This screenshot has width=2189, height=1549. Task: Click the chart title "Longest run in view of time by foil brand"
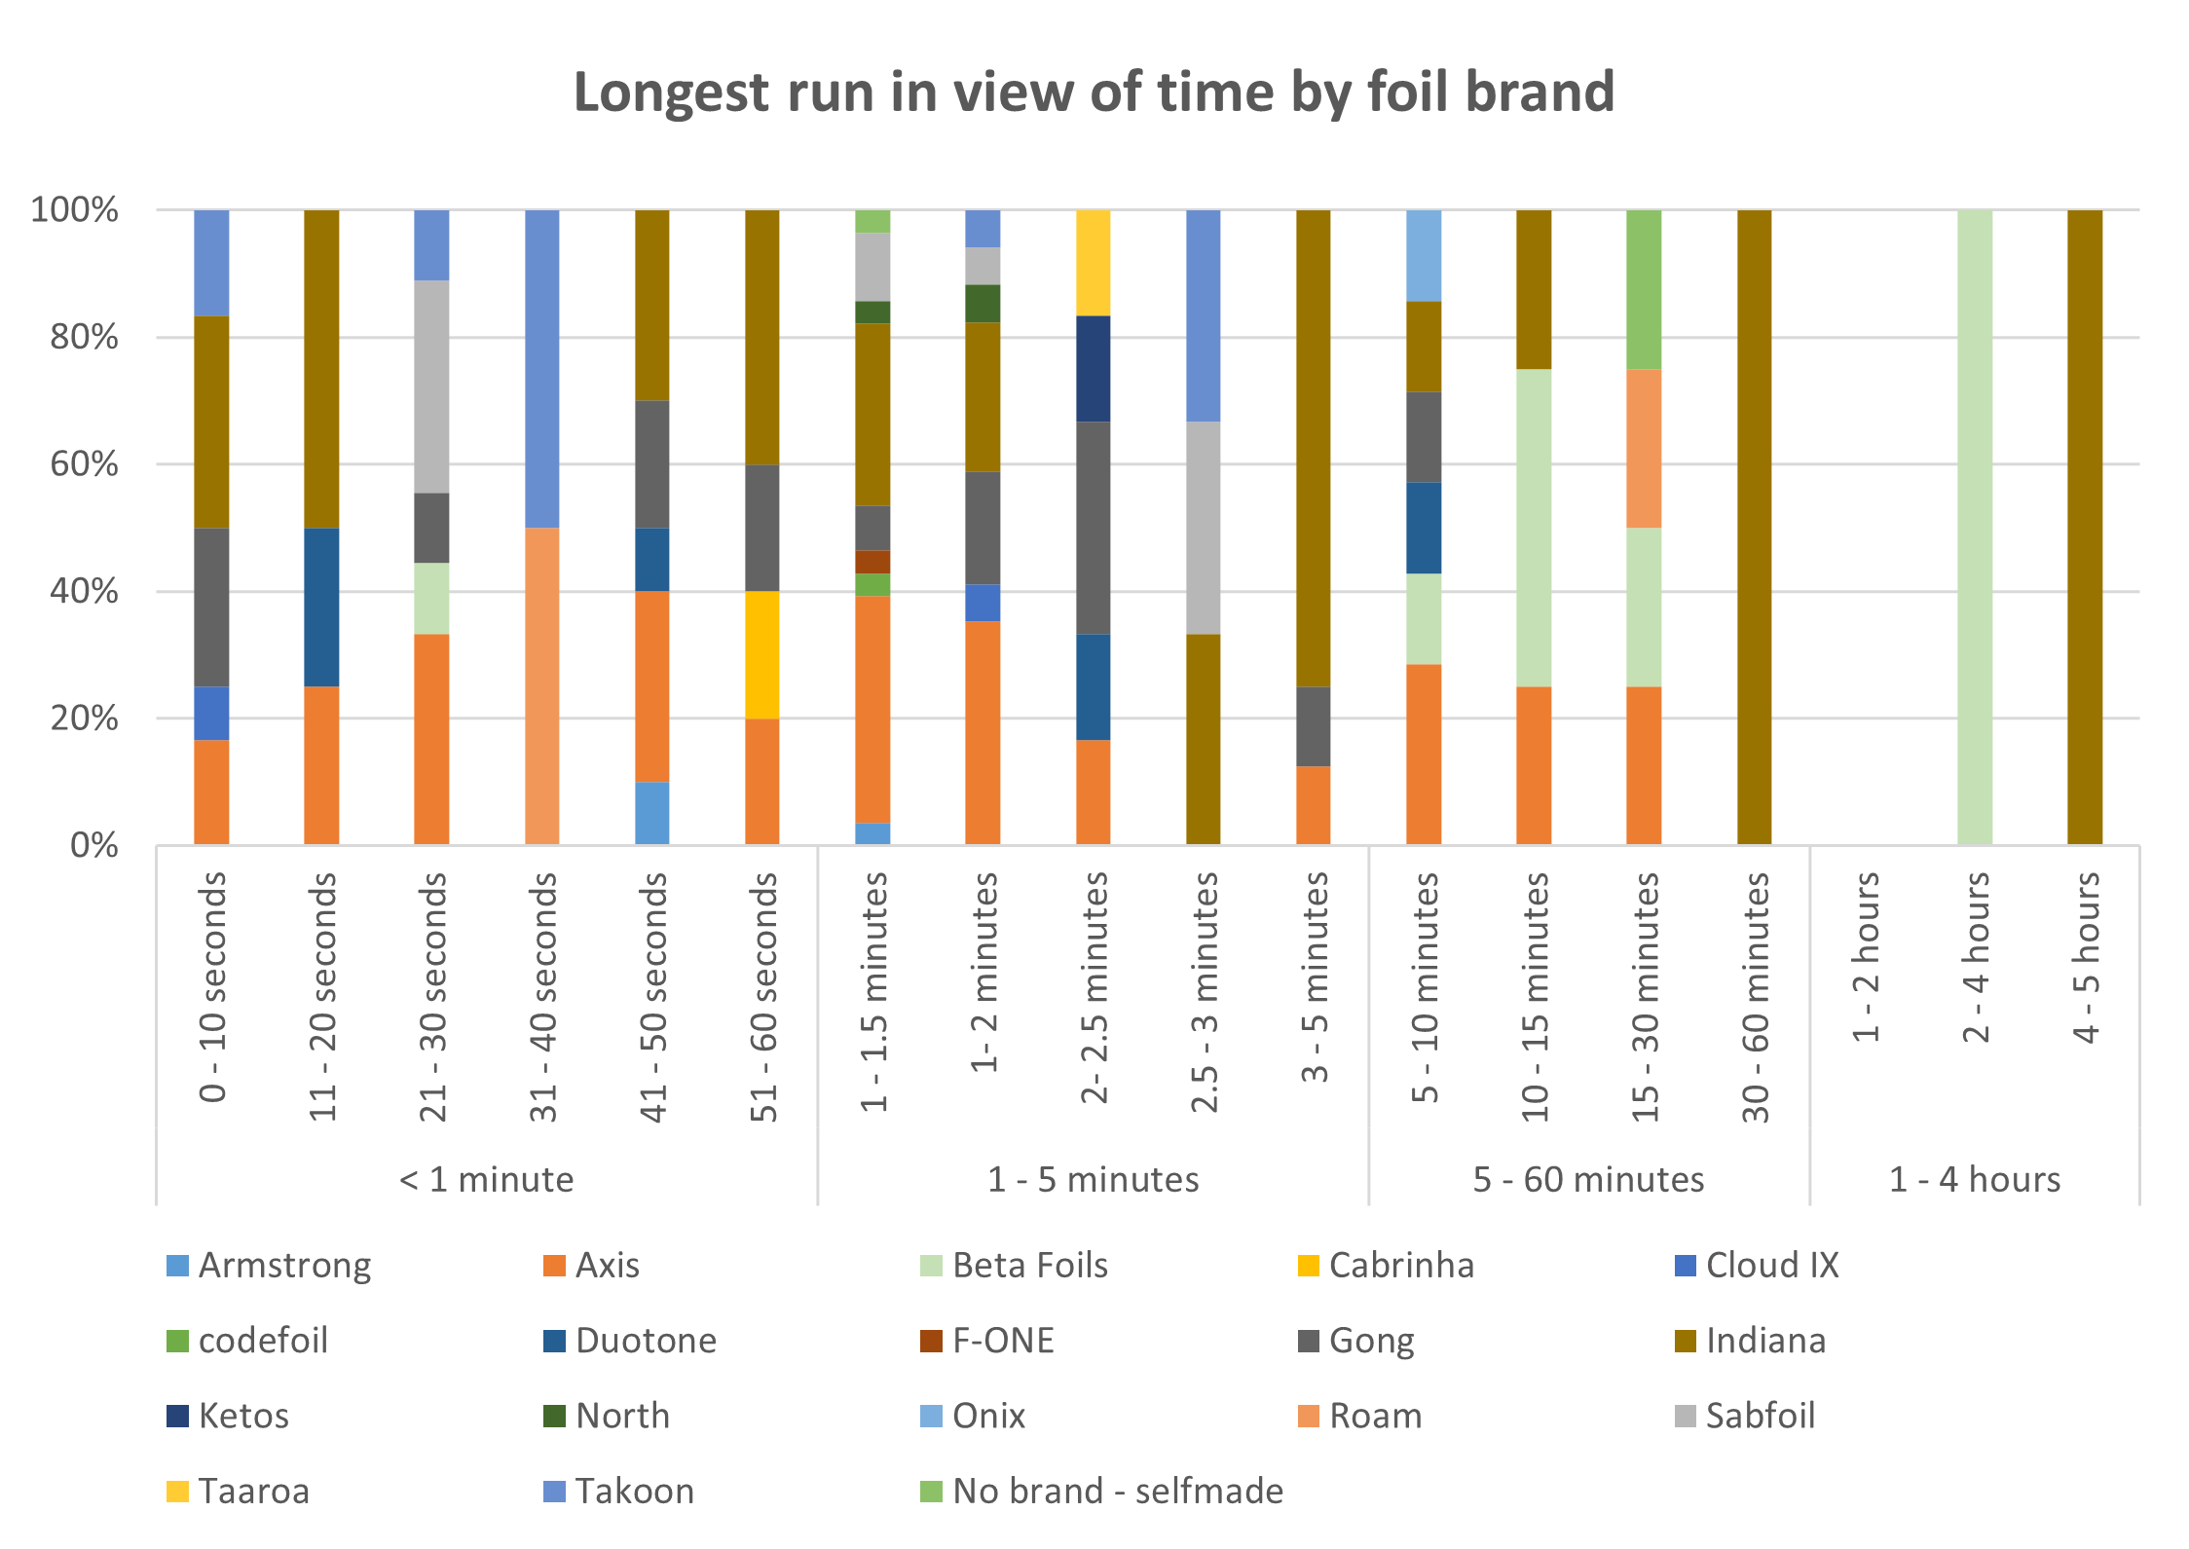(x=1094, y=92)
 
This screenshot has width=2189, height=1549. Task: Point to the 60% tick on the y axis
(x=84, y=464)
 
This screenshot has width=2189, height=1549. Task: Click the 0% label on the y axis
(x=94, y=845)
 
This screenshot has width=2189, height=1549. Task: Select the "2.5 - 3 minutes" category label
(x=1205, y=991)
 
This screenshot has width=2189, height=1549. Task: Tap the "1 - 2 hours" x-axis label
(x=1865, y=957)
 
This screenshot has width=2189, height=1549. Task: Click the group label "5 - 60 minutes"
(x=1588, y=1179)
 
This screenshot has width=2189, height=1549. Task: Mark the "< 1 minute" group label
(x=486, y=1179)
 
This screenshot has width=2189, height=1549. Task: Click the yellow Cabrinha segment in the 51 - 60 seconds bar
(x=762, y=654)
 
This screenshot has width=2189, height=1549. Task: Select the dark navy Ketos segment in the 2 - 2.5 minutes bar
(x=1094, y=368)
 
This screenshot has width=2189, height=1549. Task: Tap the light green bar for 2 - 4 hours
(x=1975, y=527)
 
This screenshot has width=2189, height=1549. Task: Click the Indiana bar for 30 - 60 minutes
(x=1754, y=527)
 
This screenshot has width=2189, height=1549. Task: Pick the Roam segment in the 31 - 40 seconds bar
(x=542, y=685)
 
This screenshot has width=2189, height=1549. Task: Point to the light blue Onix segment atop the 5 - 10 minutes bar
(x=1424, y=255)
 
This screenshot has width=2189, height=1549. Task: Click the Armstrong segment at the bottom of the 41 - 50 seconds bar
(x=652, y=813)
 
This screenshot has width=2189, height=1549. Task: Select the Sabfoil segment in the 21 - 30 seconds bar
(x=431, y=387)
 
